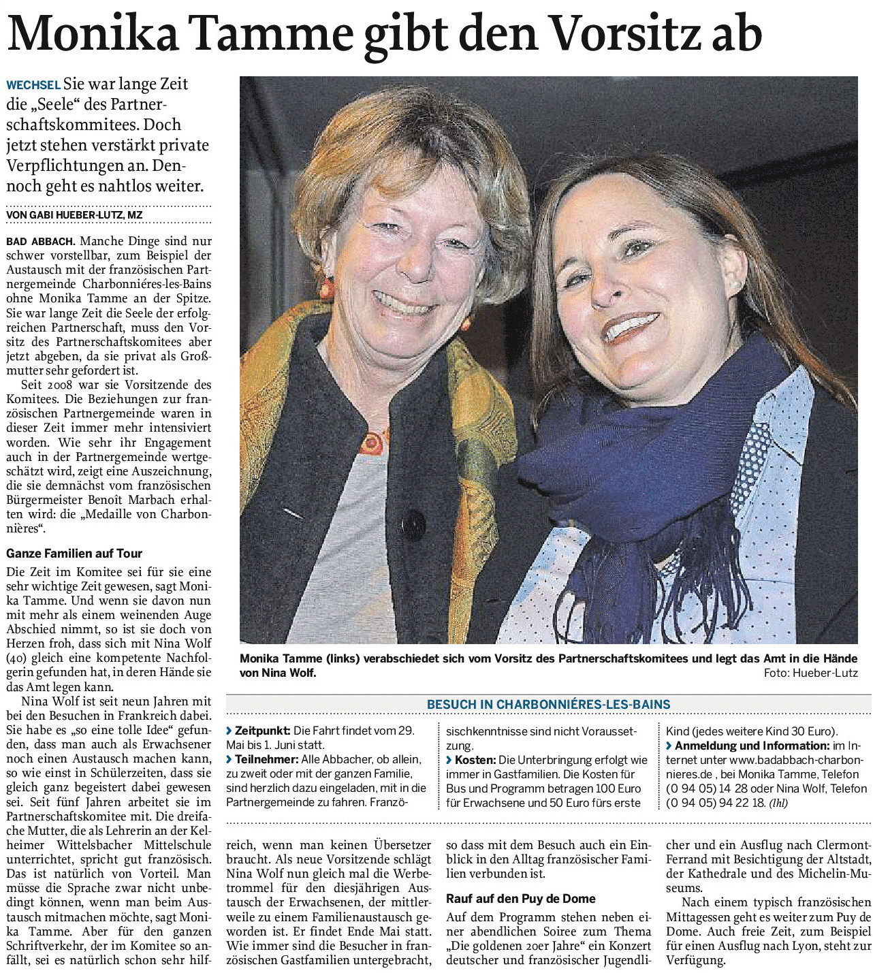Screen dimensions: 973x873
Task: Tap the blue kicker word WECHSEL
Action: pos(33,85)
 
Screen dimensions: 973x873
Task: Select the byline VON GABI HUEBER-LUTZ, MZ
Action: pos(74,215)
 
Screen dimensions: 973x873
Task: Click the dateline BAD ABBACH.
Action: pos(41,242)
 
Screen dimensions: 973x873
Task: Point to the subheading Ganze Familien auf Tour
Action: pos(74,554)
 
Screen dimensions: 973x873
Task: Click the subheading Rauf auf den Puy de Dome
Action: pos(521,899)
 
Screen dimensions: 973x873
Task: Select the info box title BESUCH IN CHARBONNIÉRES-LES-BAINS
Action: pos(549,705)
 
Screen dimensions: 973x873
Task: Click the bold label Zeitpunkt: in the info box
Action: pos(262,731)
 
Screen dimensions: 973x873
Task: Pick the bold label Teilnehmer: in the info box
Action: pos(266,759)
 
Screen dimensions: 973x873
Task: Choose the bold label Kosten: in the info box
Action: pos(475,759)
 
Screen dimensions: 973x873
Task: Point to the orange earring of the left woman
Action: pos(327,288)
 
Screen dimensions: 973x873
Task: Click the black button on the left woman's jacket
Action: pos(413,524)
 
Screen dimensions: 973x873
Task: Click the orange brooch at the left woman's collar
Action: pos(372,443)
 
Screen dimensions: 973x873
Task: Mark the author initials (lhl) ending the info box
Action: pos(778,803)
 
